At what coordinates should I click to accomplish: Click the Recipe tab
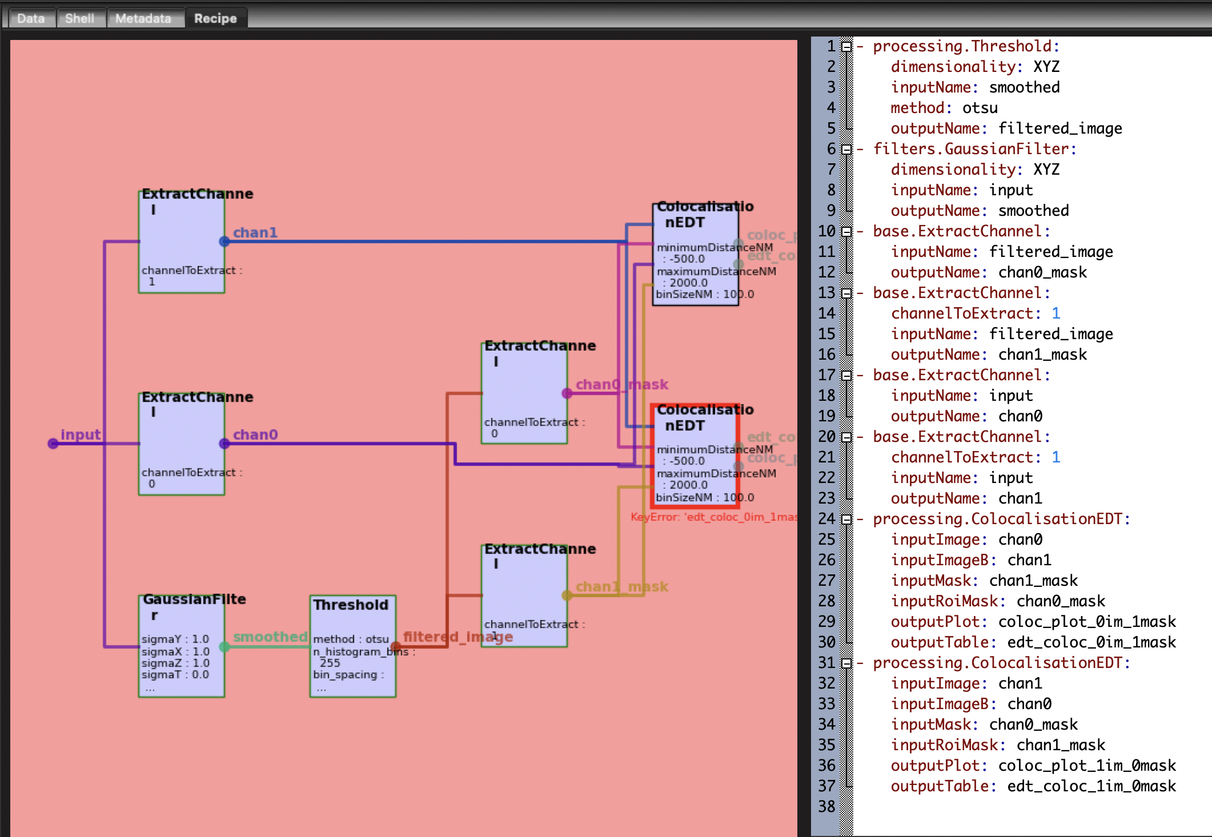point(215,18)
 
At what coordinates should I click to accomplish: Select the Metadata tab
point(143,18)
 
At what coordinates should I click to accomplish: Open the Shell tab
point(79,18)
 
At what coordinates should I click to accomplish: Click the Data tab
point(31,18)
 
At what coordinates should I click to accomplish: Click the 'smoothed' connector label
point(270,637)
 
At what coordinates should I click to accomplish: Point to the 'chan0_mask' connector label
point(621,384)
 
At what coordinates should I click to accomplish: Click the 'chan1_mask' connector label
point(621,586)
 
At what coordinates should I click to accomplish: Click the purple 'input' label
point(81,434)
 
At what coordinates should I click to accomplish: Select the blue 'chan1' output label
point(255,232)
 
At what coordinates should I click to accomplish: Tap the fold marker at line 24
point(846,519)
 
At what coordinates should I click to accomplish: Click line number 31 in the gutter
point(826,662)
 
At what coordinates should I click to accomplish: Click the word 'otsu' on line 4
point(980,107)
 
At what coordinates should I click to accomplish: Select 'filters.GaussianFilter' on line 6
point(971,148)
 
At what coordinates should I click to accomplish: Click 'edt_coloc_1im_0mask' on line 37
point(1091,786)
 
